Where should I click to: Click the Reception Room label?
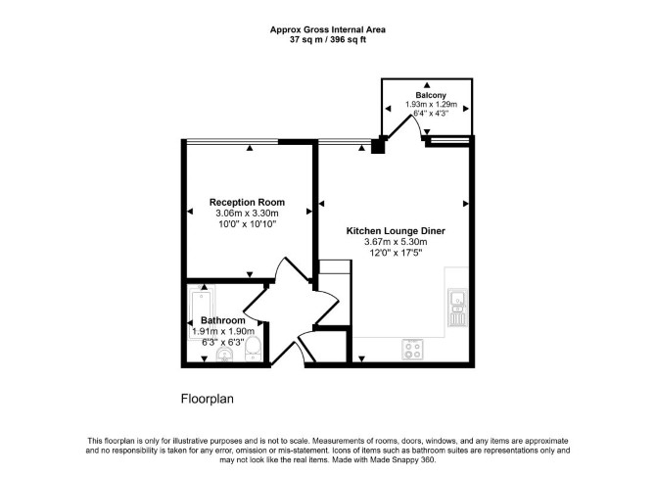247,202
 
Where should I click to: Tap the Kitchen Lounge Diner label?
396,230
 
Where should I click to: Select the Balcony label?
431,95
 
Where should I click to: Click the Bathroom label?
223,320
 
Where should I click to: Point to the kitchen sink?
457,308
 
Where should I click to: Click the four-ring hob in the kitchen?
413,350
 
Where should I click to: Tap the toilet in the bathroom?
254,350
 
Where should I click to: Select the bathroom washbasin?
224,355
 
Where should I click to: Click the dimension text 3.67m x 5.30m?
396,242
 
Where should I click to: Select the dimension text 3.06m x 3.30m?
247,214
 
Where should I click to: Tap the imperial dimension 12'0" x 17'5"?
396,253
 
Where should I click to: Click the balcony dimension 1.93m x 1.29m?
431,105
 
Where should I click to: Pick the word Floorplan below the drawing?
208,399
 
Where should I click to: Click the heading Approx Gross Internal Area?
328,29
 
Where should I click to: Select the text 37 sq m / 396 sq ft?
328,40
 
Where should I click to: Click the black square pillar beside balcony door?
378,145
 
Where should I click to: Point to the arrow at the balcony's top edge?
426,84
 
